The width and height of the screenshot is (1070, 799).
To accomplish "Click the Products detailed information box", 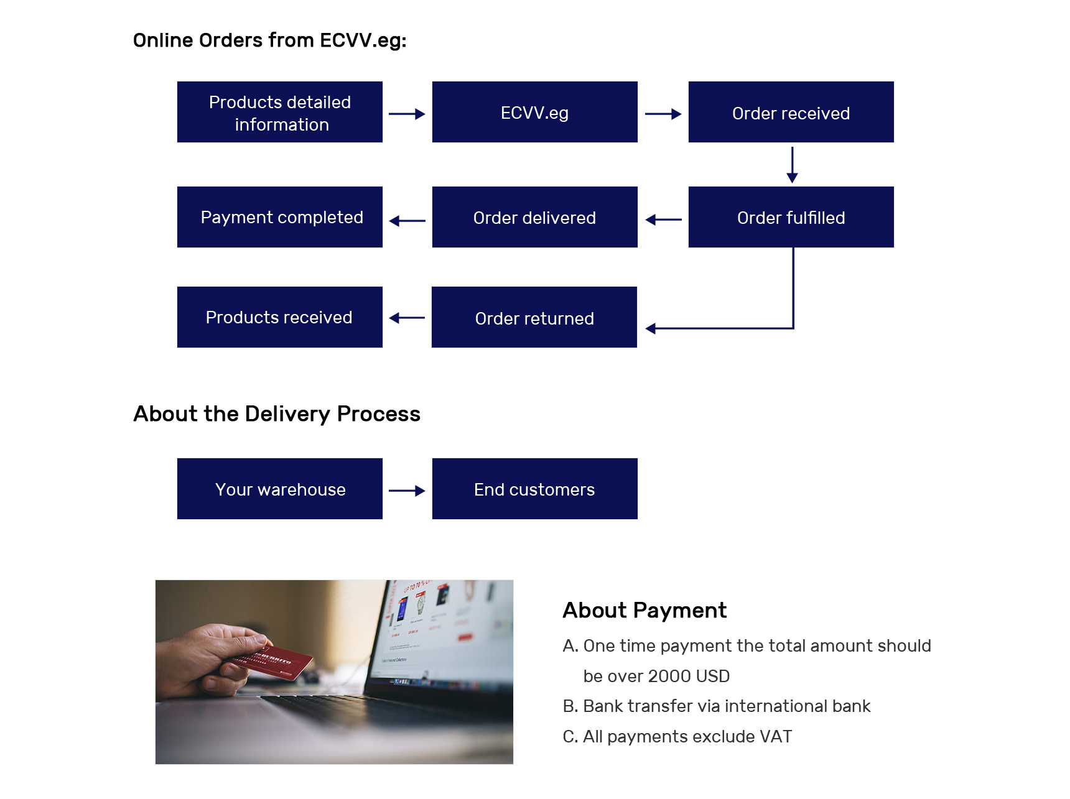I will [279, 112].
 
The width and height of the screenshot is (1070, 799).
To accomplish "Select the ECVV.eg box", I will [534, 112].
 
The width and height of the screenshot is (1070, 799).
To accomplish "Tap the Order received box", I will [791, 112].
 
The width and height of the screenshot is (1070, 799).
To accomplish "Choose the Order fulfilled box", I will [791, 217].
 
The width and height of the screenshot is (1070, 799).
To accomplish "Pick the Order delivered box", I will [534, 217].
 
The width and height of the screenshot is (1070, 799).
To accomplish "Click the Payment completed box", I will [279, 217].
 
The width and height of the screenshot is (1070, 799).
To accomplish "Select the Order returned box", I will [534, 317].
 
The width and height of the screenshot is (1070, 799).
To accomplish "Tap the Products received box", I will [279, 317].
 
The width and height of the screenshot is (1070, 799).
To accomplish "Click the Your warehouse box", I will [279, 489].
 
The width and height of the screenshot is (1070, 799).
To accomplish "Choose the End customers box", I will [534, 489].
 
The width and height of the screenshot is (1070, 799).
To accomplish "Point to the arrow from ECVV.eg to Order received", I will [663, 114].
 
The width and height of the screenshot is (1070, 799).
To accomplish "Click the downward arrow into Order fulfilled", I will [792, 165].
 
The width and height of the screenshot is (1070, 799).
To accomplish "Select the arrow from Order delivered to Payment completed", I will [407, 221].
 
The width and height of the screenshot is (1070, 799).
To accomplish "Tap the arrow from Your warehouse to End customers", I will [407, 491].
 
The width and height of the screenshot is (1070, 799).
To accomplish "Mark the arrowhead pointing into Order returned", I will [651, 328].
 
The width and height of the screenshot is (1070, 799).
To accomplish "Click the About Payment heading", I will [644, 611].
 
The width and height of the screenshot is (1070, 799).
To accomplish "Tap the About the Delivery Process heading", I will [277, 414].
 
